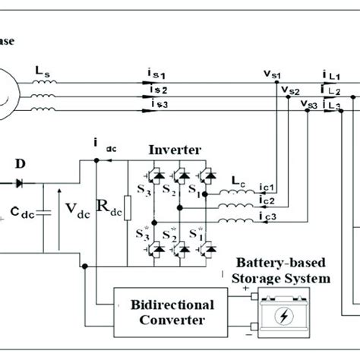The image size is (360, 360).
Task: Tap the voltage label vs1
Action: [272, 74]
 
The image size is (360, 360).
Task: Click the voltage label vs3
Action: [309, 103]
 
